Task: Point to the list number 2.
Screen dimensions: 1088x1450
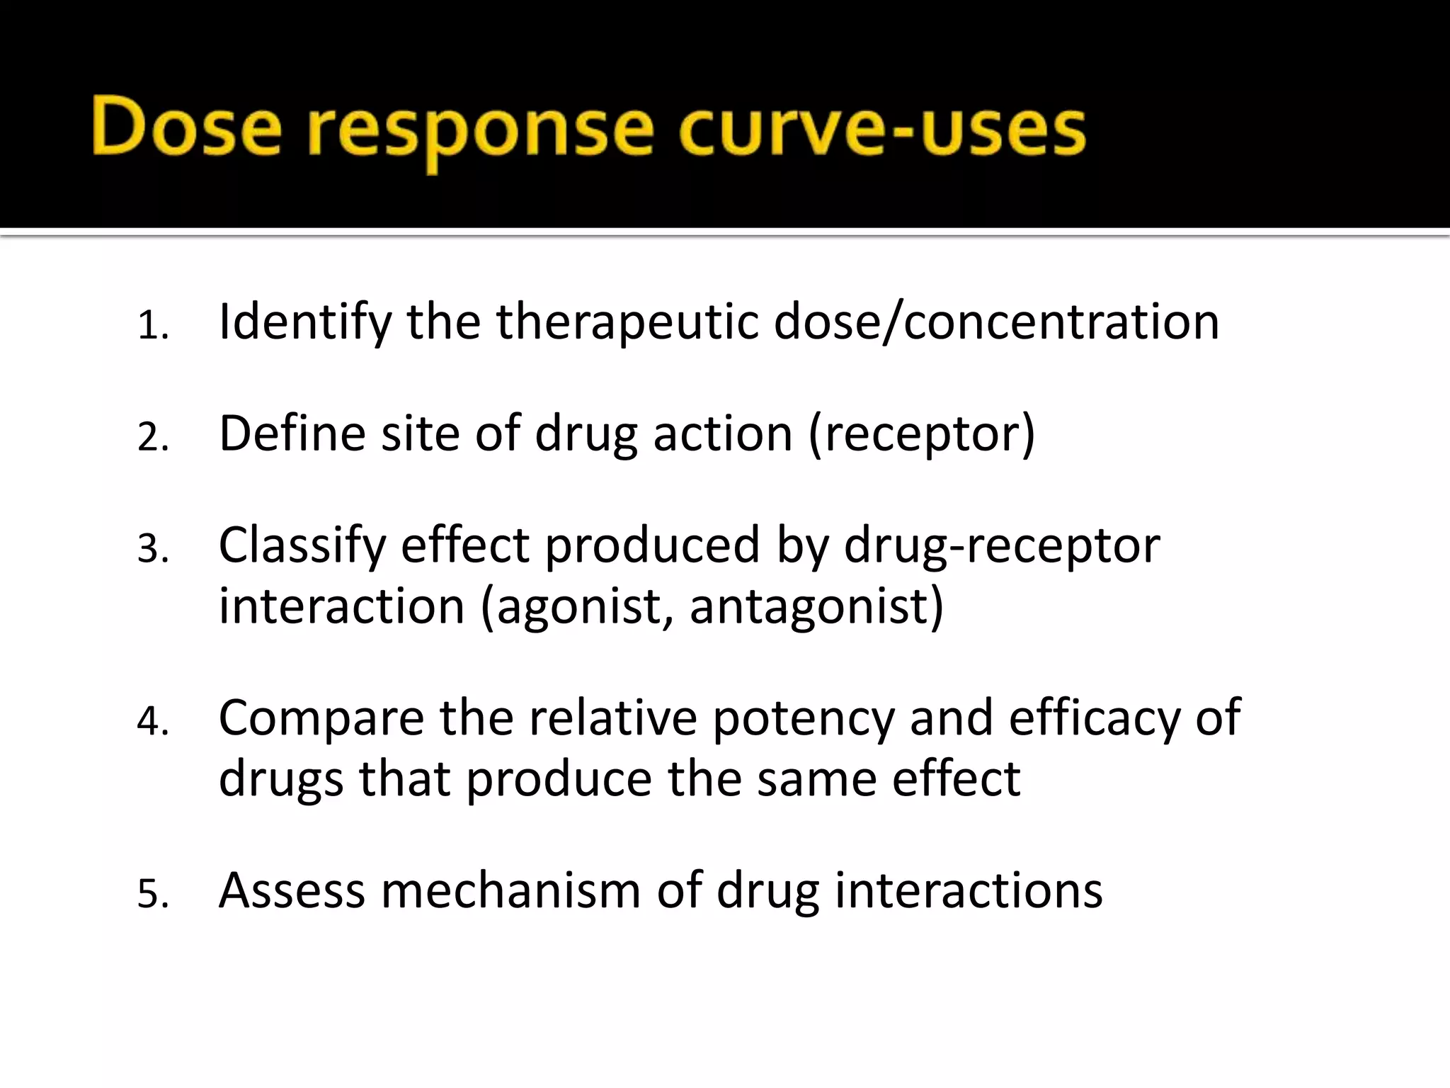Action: (x=152, y=437)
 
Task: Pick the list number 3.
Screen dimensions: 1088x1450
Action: (x=152, y=549)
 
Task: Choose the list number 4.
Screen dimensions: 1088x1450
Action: (x=152, y=722)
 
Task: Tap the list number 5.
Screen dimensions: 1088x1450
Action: (x=152, y=894)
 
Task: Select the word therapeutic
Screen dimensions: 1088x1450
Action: (x=626, y=323)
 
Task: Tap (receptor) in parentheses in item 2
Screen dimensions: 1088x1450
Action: (x=921, y=434)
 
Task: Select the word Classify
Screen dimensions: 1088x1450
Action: (x=302, y=546)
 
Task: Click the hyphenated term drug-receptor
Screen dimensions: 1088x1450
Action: (x=1001, y=546)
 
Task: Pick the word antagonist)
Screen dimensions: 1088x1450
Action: (x=816, y=607)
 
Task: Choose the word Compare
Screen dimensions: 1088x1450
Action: (x=321, y=719)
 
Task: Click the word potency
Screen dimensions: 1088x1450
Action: (x=803, y=719)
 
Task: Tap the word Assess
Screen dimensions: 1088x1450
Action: (x=292, y=890)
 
